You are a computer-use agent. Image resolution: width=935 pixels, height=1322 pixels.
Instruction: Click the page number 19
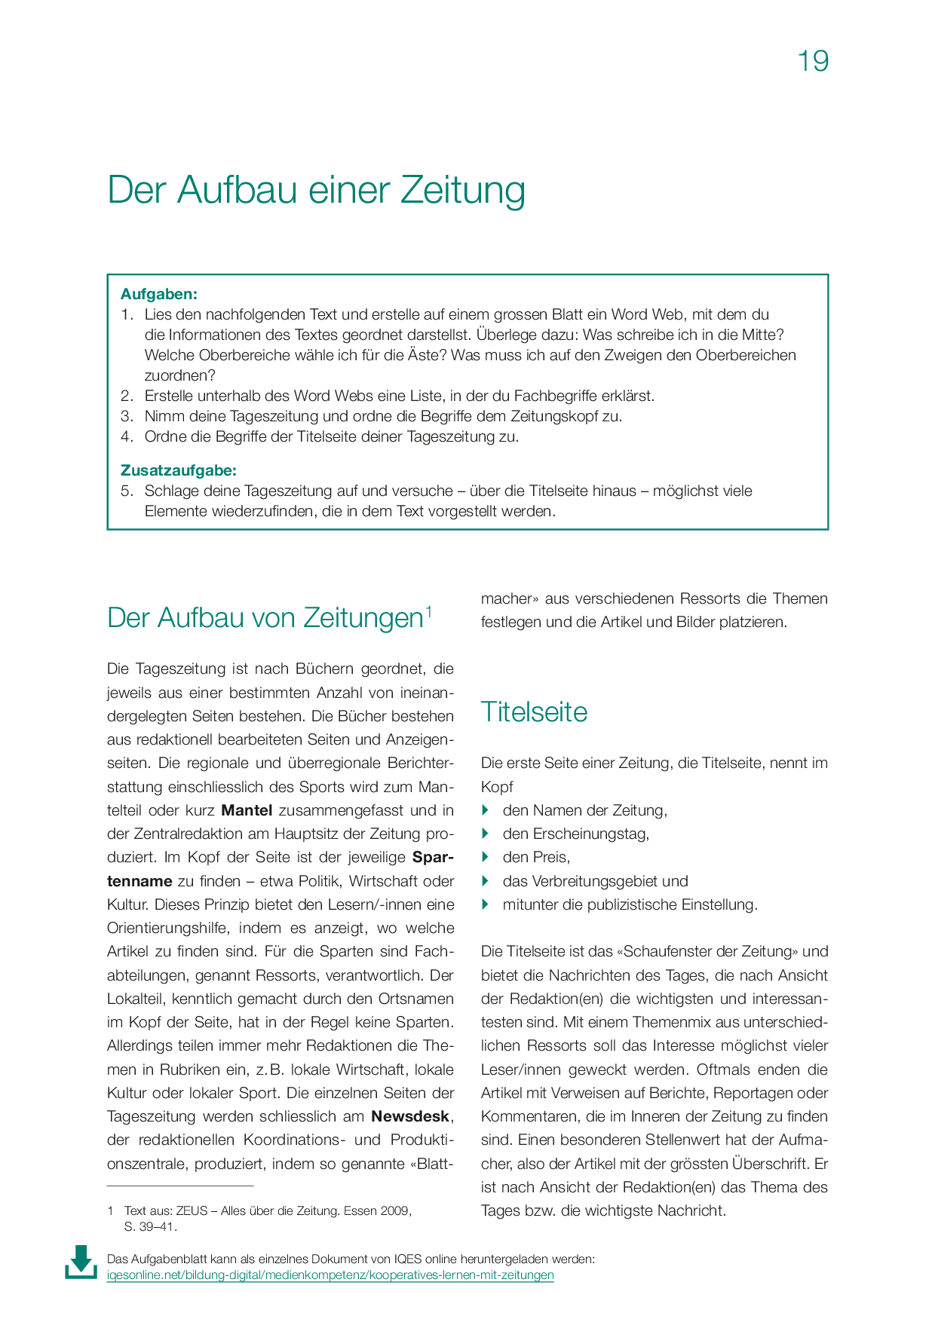813,61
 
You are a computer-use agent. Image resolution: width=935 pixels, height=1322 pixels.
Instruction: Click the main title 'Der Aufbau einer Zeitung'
316,190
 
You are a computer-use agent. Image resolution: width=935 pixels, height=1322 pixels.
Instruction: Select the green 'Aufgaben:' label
159,294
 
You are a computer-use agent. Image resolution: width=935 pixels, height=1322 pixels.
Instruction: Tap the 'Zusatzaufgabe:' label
179,470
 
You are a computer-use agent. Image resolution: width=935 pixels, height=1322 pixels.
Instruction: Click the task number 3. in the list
127,416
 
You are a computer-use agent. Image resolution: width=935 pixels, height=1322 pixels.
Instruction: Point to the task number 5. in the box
127,491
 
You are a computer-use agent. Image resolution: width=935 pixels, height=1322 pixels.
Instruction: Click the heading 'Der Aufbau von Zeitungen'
265,618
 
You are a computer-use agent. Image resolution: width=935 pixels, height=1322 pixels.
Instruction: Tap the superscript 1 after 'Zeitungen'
428,611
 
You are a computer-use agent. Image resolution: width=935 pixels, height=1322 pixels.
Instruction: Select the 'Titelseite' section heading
534,712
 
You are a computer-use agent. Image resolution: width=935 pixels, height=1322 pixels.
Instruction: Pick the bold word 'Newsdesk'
411,1117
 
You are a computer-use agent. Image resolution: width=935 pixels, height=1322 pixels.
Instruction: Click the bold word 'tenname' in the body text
140,881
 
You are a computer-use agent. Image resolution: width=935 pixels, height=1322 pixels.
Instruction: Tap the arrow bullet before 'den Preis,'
486,857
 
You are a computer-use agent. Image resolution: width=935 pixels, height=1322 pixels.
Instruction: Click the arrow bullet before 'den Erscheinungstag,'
486,834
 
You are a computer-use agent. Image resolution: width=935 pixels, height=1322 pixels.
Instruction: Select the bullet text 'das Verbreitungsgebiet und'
595,881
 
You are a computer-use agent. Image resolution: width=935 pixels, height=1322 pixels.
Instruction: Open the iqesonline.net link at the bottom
330,1275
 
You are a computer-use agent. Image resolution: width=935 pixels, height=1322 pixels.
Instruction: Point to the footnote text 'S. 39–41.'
150,1226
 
